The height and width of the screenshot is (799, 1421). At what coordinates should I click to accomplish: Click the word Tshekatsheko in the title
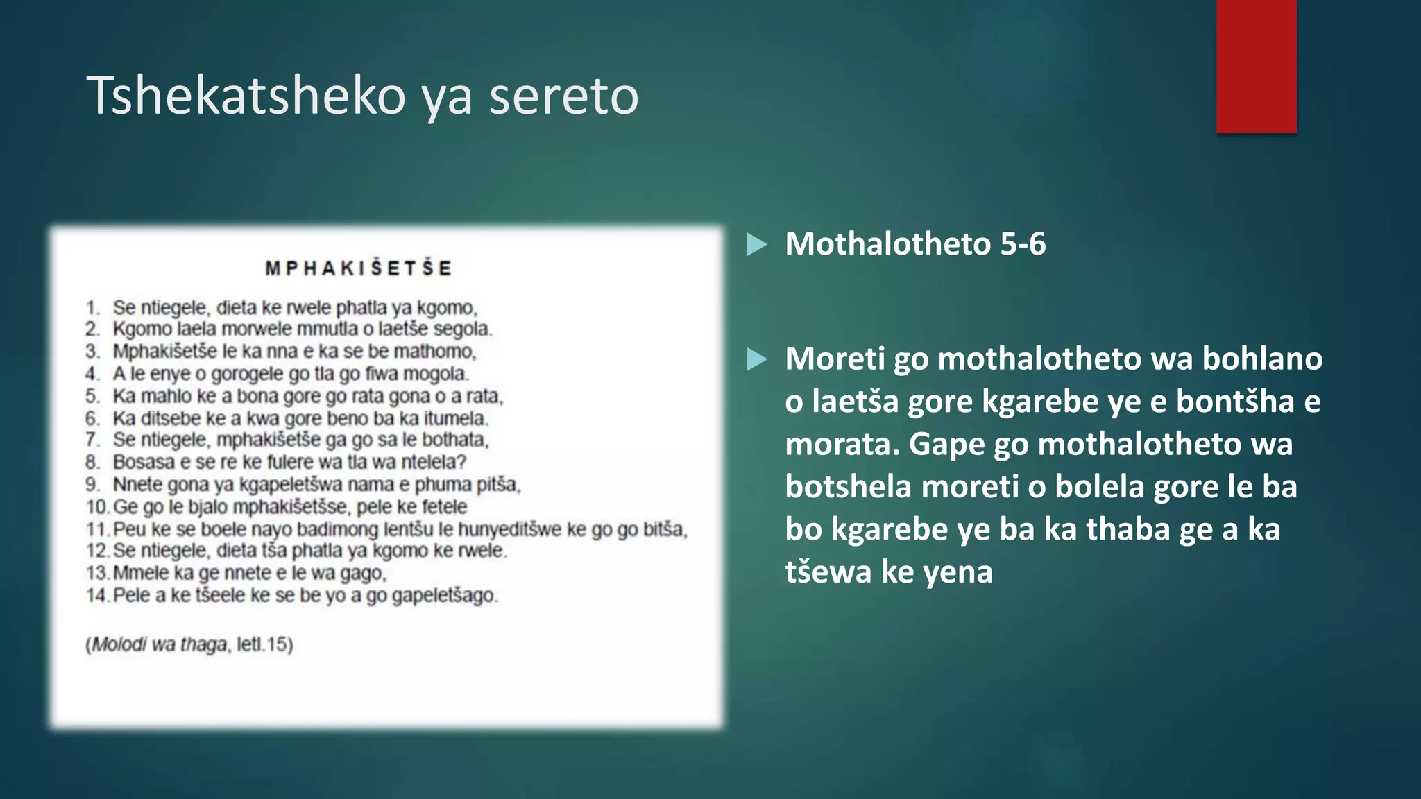point(246,96)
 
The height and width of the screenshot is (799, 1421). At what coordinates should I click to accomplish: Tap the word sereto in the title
point(563,96)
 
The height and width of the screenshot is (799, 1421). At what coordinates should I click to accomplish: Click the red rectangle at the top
point(1256,66)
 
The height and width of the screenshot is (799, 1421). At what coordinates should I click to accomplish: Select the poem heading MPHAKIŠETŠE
point(359,268)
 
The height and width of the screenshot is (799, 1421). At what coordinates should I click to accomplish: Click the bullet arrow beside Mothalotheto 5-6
point(756,244)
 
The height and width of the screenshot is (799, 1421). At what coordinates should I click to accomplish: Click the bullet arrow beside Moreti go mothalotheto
point(756,359)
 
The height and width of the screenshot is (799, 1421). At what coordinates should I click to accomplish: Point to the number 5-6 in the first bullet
point(1022,244)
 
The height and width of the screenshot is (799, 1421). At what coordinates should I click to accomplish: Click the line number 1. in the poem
point(93,307)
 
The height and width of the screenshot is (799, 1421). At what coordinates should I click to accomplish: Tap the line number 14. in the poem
point(96,595)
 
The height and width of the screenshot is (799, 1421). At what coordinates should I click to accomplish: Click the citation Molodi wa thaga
point(160,645)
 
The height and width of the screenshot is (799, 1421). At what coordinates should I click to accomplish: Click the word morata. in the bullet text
point(842,444)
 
